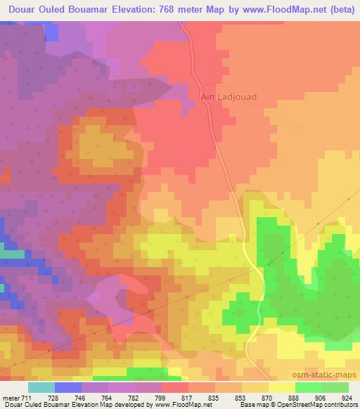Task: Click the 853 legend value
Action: coord(241,398)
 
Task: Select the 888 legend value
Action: coord(295,398)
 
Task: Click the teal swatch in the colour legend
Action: coord(41,387)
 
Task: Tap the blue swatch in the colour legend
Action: coord(68,387)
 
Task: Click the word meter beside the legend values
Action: coord(10,398)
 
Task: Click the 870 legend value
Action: coord(268,398)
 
